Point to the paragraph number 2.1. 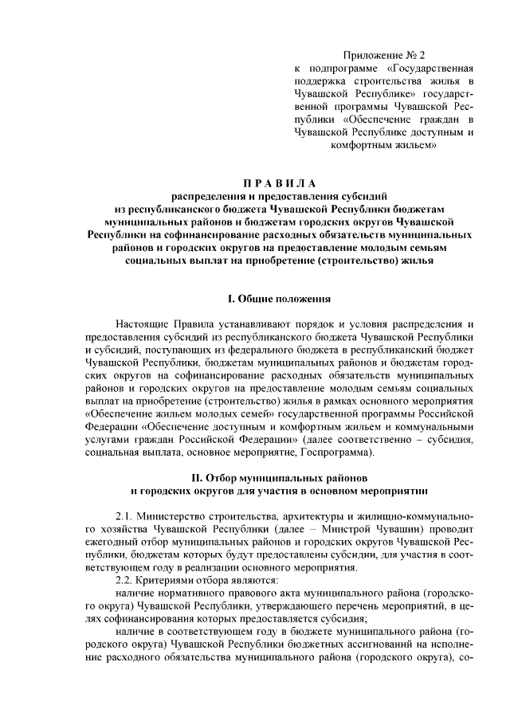(x=125, y=515)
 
